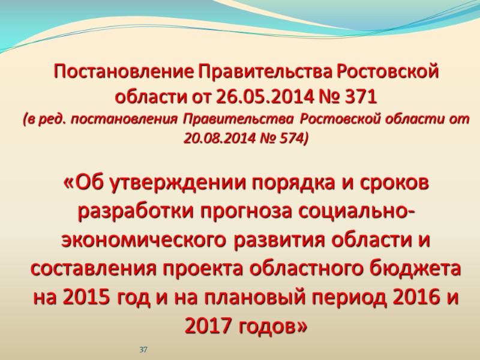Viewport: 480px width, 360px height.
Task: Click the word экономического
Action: (142, 241)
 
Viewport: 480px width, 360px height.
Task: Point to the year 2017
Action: (208, 326)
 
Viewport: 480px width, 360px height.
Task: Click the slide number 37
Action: (143, 349)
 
